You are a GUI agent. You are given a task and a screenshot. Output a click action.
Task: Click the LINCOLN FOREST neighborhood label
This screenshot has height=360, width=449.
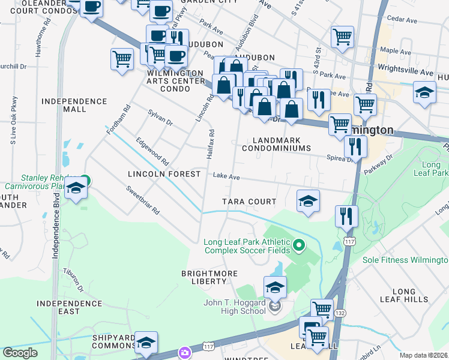coord(164,174)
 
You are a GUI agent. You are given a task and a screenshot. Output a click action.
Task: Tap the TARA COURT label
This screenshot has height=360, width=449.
coord(249,202)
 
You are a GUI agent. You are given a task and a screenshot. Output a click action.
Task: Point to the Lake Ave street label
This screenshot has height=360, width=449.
coord(227,177)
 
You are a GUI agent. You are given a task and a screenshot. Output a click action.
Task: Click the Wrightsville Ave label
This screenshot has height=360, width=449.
coord(405,71)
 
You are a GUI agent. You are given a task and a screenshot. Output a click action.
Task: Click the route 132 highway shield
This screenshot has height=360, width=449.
coord(340,313)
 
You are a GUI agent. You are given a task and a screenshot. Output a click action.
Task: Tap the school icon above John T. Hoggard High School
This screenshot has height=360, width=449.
coord(275,288)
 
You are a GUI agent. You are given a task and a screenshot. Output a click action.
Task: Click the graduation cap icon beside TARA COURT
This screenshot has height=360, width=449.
coord(308,200)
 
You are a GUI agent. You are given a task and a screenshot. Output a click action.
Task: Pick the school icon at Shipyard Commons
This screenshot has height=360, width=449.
coord(146,343)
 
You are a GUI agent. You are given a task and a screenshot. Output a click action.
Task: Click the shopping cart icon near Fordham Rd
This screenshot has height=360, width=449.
coord(122,59)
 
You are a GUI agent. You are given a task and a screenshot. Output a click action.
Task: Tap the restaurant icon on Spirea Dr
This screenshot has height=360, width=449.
coord(355,146)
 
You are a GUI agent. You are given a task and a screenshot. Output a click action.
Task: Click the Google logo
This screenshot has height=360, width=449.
coord(20,353)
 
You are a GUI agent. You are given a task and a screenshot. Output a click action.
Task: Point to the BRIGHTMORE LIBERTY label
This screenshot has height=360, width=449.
coord(209,277)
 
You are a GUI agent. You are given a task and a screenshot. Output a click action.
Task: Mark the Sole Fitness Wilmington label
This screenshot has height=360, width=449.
coord(405,260)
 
